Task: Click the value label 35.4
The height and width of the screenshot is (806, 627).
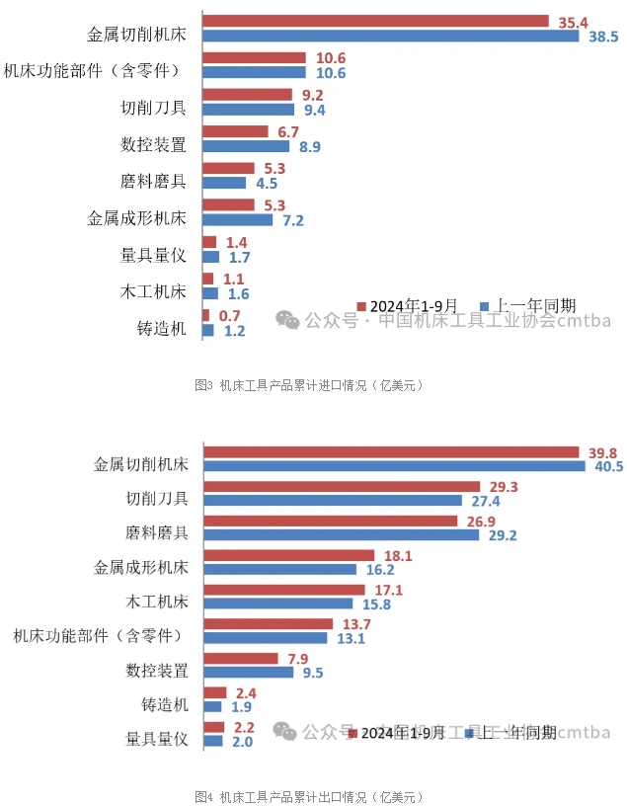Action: pos(573,21)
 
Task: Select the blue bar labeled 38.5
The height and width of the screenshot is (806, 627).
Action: pos(390,37)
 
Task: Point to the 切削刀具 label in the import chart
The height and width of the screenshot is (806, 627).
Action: pos(153,107)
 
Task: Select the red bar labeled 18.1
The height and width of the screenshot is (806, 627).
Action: pos(288,556)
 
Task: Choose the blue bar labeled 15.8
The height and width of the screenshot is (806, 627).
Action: pos(277,603)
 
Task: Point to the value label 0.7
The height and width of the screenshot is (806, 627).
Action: pos(230,315)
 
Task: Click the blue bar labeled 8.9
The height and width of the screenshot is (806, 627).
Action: pos(246,146)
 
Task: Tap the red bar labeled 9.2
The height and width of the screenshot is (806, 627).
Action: pos(247,95)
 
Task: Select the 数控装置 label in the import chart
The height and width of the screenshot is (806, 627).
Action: pos(153,144)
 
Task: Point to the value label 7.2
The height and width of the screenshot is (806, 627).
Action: pos(293,220)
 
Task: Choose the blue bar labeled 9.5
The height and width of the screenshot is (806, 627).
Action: pos(248,672)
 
